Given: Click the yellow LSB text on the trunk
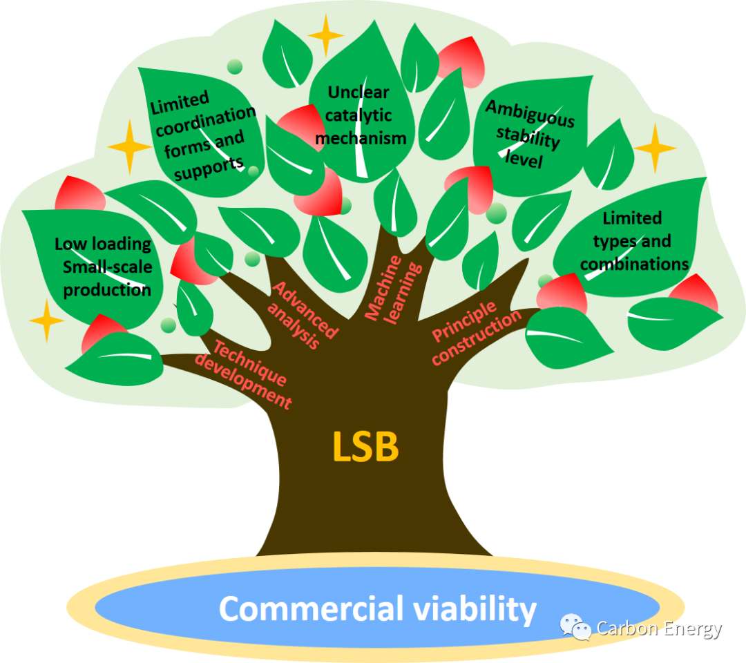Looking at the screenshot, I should pos(365,447).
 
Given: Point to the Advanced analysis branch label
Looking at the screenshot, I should pos(305,314).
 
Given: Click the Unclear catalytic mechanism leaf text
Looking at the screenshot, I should pos(359,115).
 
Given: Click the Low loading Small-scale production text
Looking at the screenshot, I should pos(104,266).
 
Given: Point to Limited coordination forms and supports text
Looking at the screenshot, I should pos(202,134).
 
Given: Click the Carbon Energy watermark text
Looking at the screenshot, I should pos(659,629).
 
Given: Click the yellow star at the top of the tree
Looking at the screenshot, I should pos(325,35).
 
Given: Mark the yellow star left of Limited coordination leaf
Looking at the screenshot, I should pos(129,146).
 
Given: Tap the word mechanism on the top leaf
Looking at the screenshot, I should pos(361,137).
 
